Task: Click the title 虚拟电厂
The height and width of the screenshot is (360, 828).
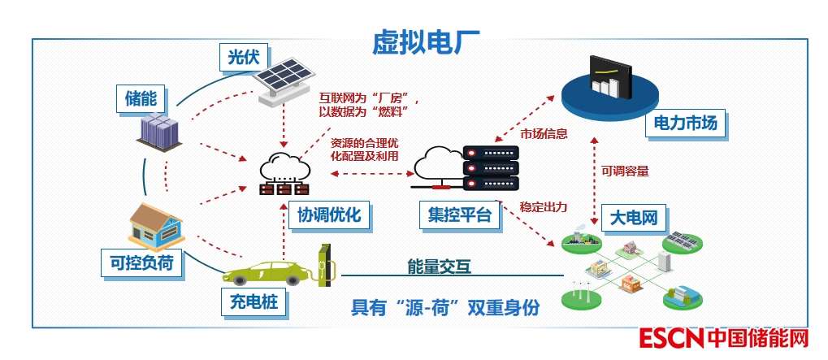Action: (x=427, y=41)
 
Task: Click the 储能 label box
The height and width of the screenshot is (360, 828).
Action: (x=141, y=98)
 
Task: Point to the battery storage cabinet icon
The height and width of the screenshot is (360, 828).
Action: (x=161, y=132)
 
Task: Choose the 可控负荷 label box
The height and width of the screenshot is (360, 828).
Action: (x=141, y=262)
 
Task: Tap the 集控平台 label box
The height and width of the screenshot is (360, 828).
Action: (x=460, y=215)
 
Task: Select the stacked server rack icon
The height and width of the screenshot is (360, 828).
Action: (x=489, y=169)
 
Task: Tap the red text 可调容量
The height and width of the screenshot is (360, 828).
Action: (x=625, y=171)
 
